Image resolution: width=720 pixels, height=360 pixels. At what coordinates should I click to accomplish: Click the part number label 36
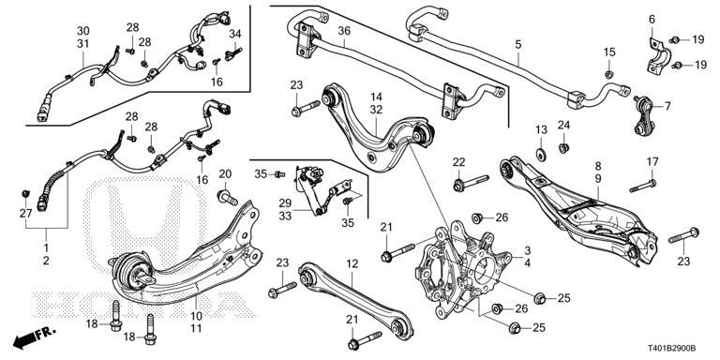tap(344, 31)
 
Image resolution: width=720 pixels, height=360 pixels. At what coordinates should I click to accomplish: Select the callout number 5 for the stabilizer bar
tap(518, 45)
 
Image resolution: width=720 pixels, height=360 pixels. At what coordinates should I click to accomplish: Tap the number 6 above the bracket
tap(652, 20)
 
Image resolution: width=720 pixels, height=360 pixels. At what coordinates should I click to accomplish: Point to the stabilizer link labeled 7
tap(642, 115)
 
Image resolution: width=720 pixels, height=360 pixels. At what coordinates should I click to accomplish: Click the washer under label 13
tap(541, 154)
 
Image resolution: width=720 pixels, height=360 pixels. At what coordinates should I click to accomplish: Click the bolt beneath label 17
tap(643, 186)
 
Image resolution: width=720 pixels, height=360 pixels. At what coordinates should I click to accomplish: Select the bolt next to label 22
tap(472, 182)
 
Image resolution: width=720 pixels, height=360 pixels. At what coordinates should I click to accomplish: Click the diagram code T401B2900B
tap(672, 348)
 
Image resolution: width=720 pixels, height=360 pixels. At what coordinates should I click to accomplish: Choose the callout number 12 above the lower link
tap(352, 264)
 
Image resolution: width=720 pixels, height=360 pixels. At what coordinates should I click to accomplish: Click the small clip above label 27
tap(25, 194)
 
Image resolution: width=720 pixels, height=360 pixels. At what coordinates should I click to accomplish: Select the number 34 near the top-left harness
tap(235, 34)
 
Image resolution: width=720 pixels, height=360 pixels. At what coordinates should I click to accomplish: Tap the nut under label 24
tap(563, 148)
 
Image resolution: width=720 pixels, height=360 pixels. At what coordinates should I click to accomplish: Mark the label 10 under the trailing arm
tap(196, 316)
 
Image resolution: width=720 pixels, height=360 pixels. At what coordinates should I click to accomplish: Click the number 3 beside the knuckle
tap(528, 250)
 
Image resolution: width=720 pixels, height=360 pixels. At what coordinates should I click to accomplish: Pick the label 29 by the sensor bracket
tap(285, 202)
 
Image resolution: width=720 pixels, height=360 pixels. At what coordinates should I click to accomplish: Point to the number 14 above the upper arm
tap(376, 97)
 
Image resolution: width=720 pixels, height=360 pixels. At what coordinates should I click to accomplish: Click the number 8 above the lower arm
tap(598, 166)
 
